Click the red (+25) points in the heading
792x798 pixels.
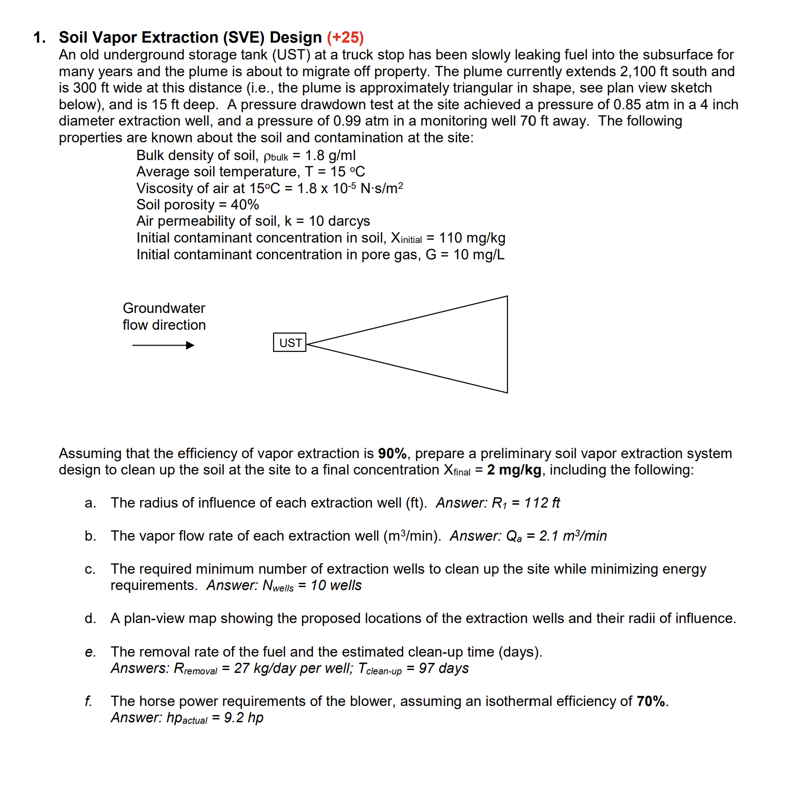point(345,37)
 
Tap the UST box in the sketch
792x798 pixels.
point(289,343)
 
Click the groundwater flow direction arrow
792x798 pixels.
point(163,345)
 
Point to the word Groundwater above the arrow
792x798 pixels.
point(164,308)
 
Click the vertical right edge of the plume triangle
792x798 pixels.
point(507,344)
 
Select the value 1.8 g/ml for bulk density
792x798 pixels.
point(330,155)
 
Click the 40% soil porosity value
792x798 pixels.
point(245,205)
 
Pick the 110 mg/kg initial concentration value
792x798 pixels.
point(472,238)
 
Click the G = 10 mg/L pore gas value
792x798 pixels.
point(465,254)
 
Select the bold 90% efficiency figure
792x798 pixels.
point(392,453)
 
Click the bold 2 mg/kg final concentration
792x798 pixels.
point(514,470)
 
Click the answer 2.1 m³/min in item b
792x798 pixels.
point(573,536)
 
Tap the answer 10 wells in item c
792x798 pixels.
point(336,585)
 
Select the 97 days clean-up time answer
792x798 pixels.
point(444,668)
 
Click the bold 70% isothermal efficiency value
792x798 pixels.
point(651,701)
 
